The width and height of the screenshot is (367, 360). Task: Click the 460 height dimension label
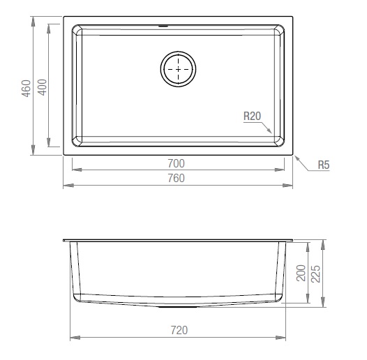26,89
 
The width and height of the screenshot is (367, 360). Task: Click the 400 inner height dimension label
41,89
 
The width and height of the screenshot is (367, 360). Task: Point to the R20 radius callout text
252,117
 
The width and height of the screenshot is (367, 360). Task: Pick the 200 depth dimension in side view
301,273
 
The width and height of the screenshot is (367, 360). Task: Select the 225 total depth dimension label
316,273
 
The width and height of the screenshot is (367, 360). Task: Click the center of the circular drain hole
179,69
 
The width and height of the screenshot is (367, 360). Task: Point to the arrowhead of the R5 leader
296,156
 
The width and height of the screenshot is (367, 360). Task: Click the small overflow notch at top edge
165,27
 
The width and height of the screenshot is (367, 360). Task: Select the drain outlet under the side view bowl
179,306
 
